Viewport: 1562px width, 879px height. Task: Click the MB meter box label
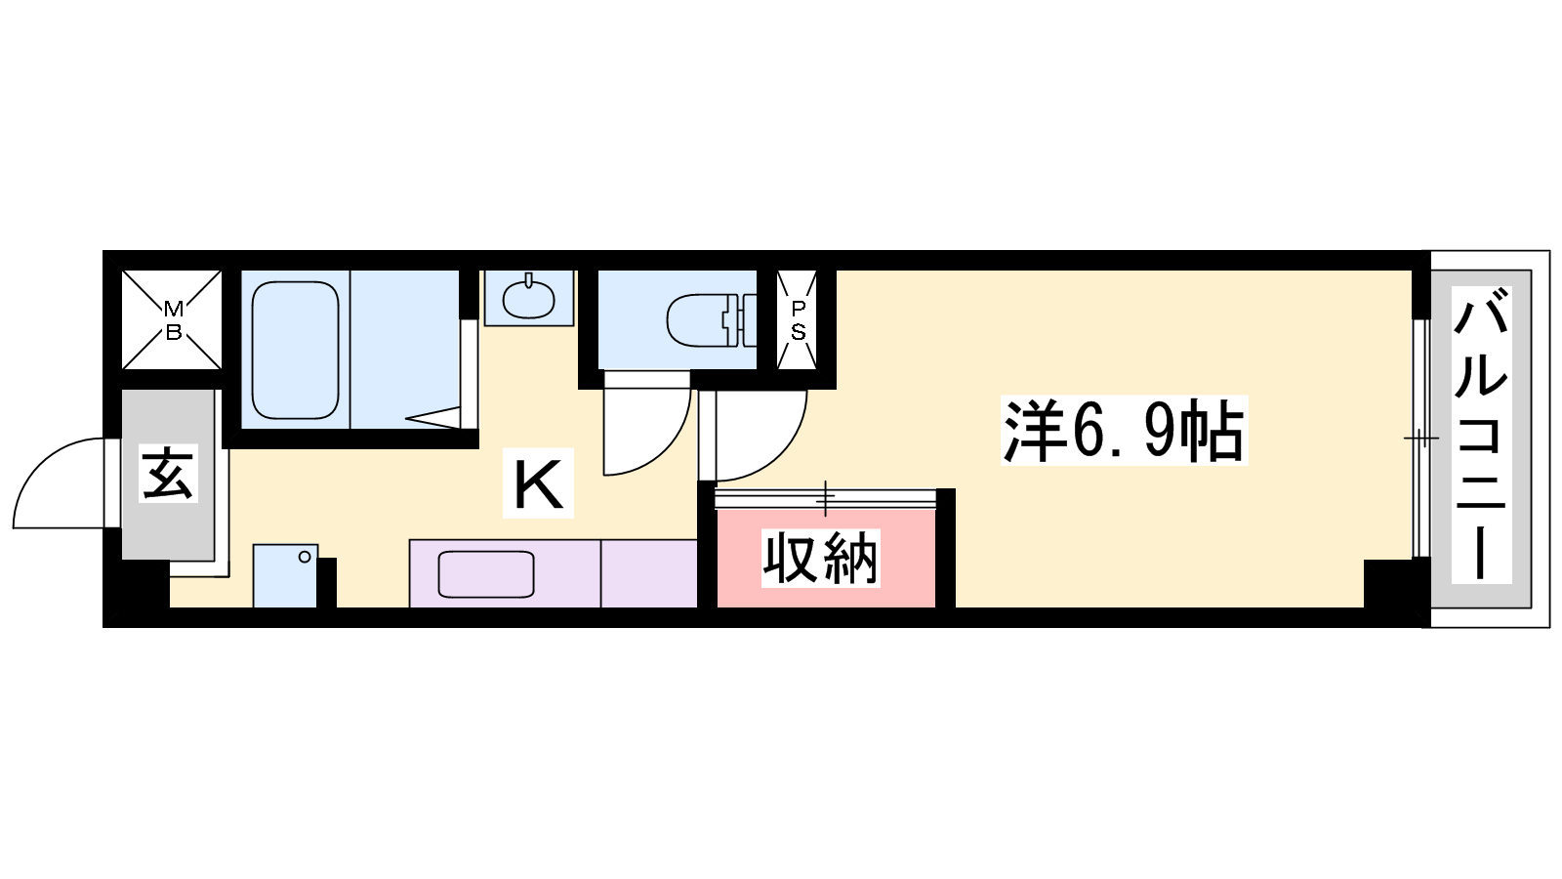173,320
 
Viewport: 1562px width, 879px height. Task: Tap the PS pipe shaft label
798,320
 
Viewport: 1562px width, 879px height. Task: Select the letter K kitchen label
538,484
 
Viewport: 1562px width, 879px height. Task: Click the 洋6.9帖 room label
1124,431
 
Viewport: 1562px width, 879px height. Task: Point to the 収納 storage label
820,558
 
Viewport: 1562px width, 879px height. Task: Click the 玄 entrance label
168,474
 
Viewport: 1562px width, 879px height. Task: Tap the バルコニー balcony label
1480,435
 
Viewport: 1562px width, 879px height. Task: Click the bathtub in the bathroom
295,351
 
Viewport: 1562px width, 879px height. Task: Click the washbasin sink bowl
528,300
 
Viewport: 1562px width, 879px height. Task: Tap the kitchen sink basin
486,574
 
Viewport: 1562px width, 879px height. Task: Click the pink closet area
826,558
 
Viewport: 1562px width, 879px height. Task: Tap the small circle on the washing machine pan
305,557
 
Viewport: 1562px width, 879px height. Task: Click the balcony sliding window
1421,439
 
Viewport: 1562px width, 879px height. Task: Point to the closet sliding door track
826,498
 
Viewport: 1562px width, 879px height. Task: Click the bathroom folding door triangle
433,418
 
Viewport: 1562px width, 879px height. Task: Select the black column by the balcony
1387,583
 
